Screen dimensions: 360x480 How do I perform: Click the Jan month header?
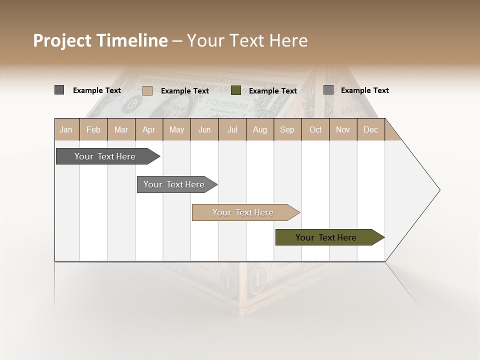point(66,129)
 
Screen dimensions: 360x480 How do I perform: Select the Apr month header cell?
point(149,129)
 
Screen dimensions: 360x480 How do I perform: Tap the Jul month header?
point(232,129)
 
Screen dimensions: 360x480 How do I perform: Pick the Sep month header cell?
point(287,129)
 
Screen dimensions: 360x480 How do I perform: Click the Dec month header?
point(370,129)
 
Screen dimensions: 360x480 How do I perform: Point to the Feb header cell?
point(93,129)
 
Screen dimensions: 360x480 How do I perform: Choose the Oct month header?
point(315,129)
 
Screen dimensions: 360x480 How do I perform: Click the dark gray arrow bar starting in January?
point(105,156)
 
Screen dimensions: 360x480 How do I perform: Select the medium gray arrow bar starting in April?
point(174,184)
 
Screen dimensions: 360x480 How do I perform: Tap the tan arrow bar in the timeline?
point(243,212)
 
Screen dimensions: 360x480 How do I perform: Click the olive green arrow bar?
point(326,237)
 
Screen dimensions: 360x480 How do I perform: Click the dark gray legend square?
point(59,90)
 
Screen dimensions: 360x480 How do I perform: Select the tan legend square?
point(147,90)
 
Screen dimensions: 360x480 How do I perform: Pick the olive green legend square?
point(236,90)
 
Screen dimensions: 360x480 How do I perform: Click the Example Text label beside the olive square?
point(273,91)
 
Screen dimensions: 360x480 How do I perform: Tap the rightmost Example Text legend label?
point(365,90)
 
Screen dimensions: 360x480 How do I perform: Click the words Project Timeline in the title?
point(100,40)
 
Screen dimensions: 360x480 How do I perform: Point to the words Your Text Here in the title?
point(247,40)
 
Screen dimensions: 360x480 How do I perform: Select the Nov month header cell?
point(343,129)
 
